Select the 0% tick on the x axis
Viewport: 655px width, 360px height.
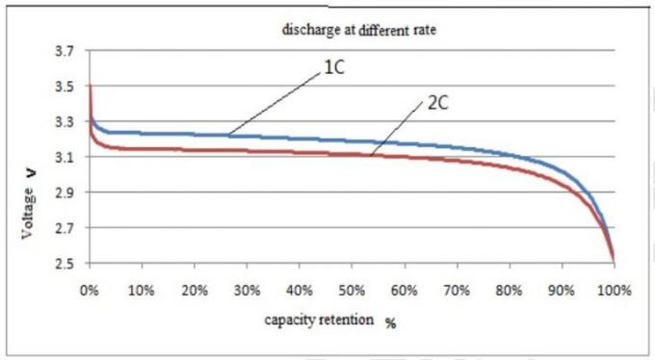pyautogui.click(x=90, y=290)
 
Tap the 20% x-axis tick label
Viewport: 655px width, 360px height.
pyautogui.click(x=195, y=290)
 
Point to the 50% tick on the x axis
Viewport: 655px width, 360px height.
pyautogui.click(x=353, y=290)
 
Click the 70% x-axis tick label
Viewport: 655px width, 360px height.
pyautogui.click(x=458, y=290)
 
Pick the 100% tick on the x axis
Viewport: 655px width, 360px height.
pyautogui.click(x=614, y=290)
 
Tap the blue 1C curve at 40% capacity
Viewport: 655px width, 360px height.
pyautogui.click(x=300, y=138)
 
